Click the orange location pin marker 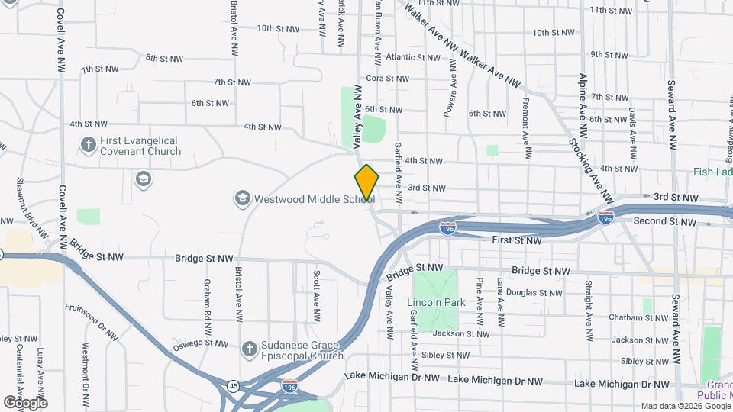[x=366, y=182]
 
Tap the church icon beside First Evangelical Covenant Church [x=89, y=144]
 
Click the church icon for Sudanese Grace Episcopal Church [x=248, y=349]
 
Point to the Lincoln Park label [x=436, y=302]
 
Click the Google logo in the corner [x=25, y=402]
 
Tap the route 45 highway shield [x=233, y=386]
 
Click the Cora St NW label [x=388, y=78]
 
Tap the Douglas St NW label [x=534, y=292]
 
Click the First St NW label [x=517, y=240]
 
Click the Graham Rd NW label [x=207, y=298]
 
